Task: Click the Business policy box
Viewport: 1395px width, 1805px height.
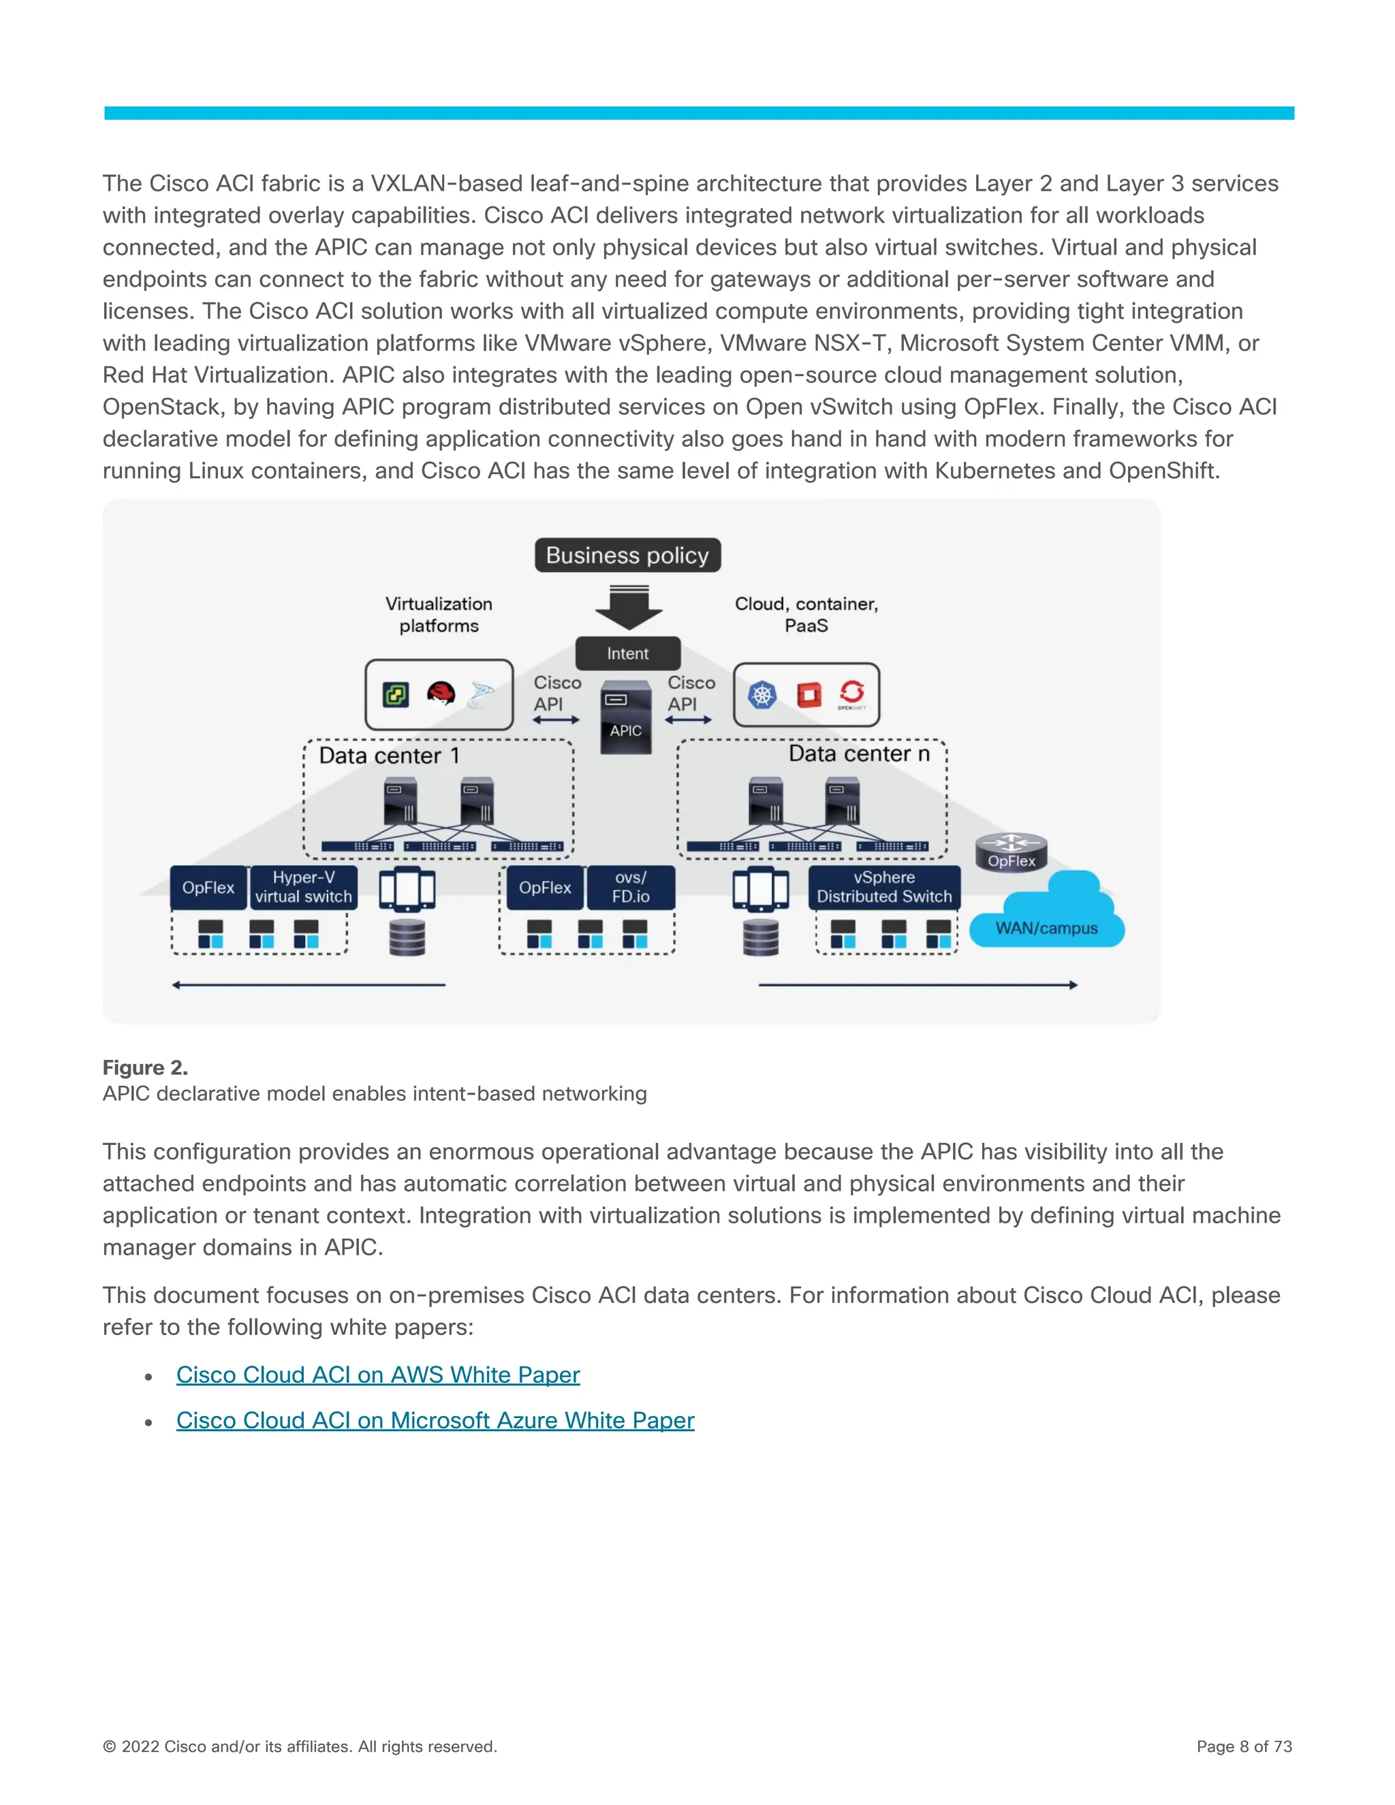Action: [627, 555]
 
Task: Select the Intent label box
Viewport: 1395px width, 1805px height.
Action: [627, 653]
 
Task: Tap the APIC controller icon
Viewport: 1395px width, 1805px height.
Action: [625, 717]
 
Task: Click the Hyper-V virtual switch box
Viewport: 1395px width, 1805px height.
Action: [303, 887]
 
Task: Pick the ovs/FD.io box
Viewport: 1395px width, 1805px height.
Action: [631, 887]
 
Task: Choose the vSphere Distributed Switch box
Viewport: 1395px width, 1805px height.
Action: [883, 887]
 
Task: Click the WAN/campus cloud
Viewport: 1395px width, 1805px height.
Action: [1046, 917]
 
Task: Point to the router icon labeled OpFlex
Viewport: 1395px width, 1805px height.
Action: [1011, 852]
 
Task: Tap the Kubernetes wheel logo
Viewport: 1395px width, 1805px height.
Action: [762, 695]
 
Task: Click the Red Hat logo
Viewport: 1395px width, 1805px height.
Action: [441, 693]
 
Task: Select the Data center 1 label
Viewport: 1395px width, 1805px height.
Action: [388, 755]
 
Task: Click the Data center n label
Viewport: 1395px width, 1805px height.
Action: [859, 754]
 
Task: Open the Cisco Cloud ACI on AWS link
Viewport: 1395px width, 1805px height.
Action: [377, 1375]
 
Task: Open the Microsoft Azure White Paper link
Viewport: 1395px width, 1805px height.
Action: [435, 1420]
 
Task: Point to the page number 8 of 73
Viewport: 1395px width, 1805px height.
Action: [1244, 1746]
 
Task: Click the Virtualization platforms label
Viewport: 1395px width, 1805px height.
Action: [439, 615]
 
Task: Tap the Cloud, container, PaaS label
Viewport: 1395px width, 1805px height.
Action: [806, 614]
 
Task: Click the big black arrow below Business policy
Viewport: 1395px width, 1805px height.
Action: [628, 608]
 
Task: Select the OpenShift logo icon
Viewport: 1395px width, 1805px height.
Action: [851, 694]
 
